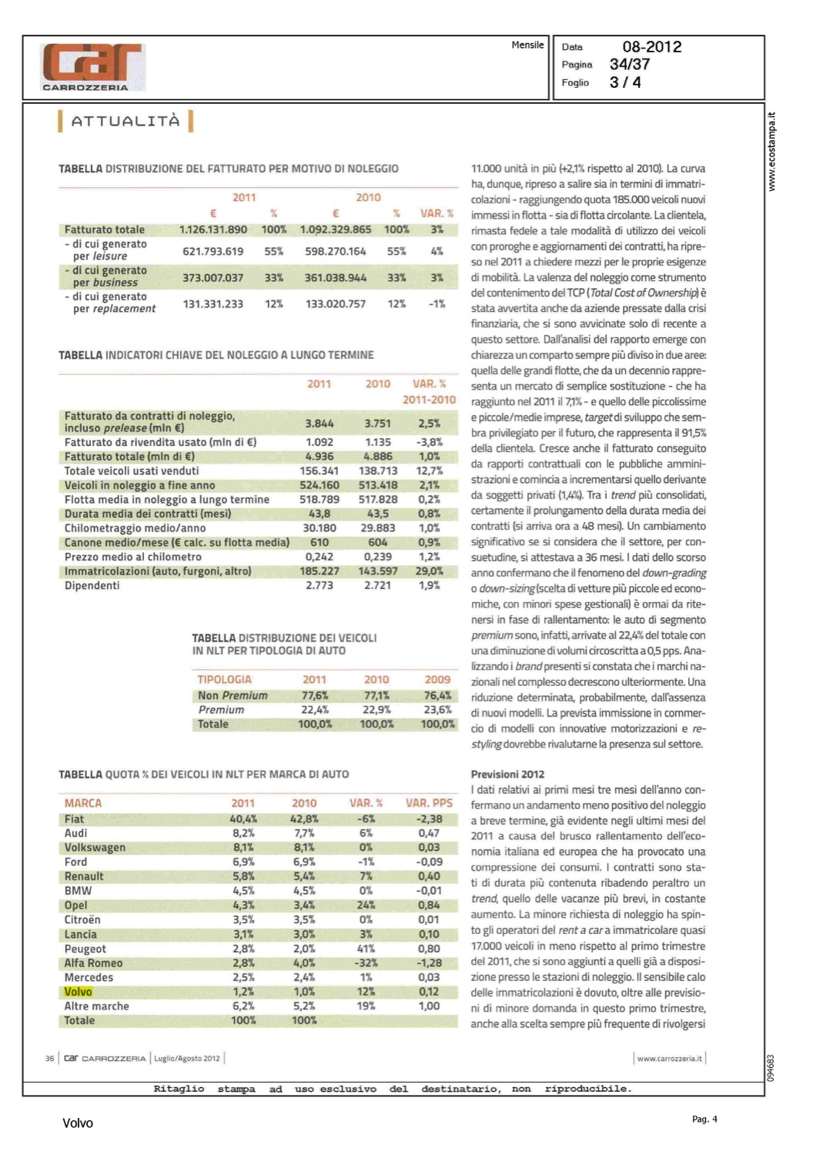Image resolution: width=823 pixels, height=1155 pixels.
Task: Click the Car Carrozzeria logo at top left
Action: point(92,66)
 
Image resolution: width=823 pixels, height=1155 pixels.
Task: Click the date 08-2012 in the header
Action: point(651,47)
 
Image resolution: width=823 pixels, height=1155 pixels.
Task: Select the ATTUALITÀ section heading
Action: point(125,121)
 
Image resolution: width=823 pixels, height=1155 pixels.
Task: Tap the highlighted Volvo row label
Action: point(78,992)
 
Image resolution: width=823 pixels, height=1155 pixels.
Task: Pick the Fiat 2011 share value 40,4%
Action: point(243,819)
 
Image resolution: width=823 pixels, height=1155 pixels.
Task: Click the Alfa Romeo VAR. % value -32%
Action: point(366,963)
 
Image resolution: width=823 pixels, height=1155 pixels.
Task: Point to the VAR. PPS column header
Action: point(429,803)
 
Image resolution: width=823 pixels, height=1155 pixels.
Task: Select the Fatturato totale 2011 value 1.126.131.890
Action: point(213,229)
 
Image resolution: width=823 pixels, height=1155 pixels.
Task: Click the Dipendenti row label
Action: point(92,585)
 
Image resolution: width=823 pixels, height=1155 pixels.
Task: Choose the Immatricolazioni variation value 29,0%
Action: point(429,571)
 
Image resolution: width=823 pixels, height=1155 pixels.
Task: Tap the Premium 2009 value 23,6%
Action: point(437,710)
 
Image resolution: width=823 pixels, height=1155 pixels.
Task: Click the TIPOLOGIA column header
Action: point(224,680)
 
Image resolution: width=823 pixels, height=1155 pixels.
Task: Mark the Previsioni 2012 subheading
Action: point(507,775)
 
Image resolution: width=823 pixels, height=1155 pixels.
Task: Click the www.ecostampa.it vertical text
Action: point(772,152)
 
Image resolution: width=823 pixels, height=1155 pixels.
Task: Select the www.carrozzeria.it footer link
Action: point(669,1059)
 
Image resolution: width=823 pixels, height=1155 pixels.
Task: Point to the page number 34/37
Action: point(629,65)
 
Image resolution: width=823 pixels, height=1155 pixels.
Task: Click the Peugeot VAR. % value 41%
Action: point(366,949)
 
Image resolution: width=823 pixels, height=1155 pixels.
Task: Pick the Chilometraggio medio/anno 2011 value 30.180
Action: point(319,528)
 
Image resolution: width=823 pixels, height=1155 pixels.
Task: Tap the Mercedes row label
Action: point(89,978)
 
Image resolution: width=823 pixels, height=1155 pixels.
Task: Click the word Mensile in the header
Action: point(527,45)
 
